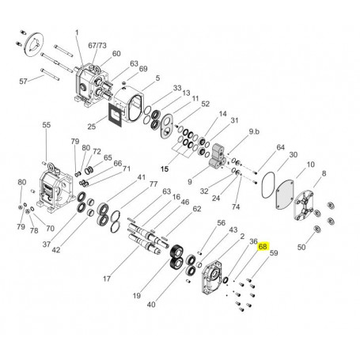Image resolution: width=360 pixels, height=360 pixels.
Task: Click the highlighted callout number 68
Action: (263, 246)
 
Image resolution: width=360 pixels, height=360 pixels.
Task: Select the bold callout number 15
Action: (166, 169)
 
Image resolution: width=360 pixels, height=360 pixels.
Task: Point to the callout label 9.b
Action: (256, 131)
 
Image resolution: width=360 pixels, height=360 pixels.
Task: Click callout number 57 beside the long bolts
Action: (23, 81)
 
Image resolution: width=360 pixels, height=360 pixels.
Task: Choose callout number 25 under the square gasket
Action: (92, 127)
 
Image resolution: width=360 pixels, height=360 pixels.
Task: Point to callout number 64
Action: (279, 147)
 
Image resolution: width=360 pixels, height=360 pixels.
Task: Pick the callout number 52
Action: (204, 104)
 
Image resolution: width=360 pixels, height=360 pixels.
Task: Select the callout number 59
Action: (274, 254)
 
